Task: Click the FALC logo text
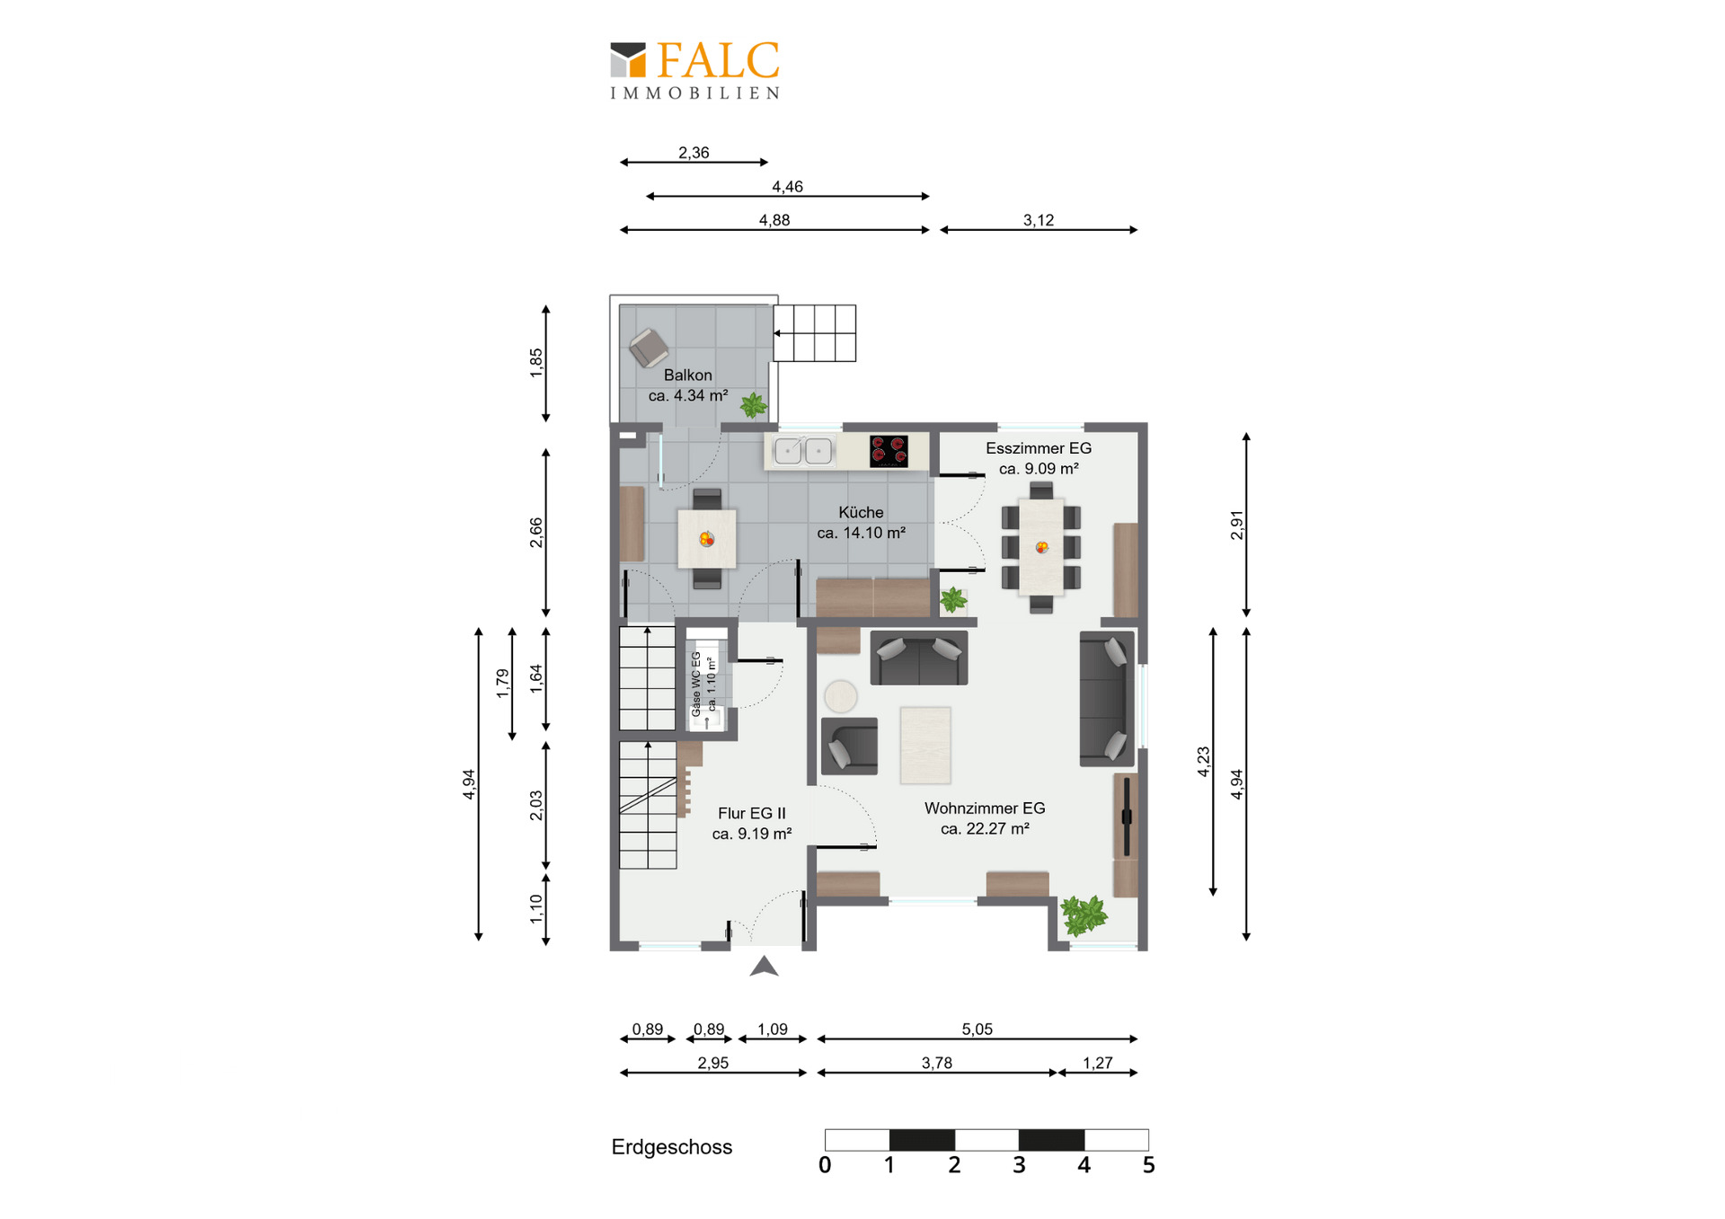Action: (717, 61)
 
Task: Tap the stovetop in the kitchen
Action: (888, 451)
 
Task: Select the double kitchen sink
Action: (802, 450)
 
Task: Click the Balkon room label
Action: (688, 375)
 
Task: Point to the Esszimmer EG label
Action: (1039, 448)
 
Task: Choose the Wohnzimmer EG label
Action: (985, 808)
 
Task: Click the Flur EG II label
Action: (752, 813)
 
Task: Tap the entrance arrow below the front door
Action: (764, 967)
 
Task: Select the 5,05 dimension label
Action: (977, 1029)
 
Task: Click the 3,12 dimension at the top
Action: (1039, 220)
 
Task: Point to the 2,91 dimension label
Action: (1237, 526)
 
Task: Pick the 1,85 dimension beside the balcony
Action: (536, 363)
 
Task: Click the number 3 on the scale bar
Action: (1019, 1165)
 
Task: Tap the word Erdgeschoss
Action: (672, 1147)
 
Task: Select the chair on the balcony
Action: (648, 348)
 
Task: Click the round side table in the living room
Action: (841, 696)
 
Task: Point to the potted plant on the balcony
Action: (754, 405)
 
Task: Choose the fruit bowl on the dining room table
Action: (1042, 547)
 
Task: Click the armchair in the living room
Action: (849, 746)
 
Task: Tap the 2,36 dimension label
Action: (694, 153)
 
